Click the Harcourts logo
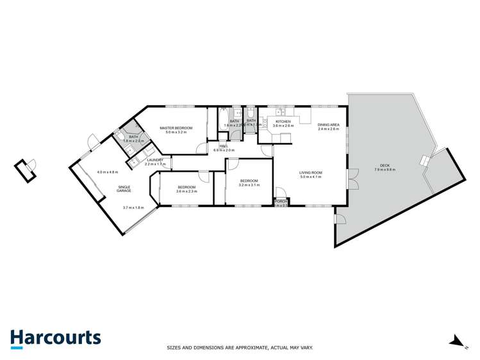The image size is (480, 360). pyautogui.click(x=55, y=338)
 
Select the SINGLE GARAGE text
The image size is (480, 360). pyautogui.click(x=124, y=188)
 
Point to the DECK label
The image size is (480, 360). pyautogui.click(x=385, y=165)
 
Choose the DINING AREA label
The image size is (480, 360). pyautogui.click(x=328, y=125)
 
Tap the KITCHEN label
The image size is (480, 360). pyautogui.click(x=283, y=121)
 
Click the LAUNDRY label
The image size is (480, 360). pyautogui.click(x=155, y=160)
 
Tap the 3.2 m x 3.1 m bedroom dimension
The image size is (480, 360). pyautogui.click(x=250, y=185)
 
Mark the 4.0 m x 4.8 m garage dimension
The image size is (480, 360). pyautogui.click(x=108, y=172)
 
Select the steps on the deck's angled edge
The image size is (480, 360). pyautogui.click(x=424, y=161)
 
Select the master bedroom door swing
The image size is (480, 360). pyautogui.click(x=202, y=149)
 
